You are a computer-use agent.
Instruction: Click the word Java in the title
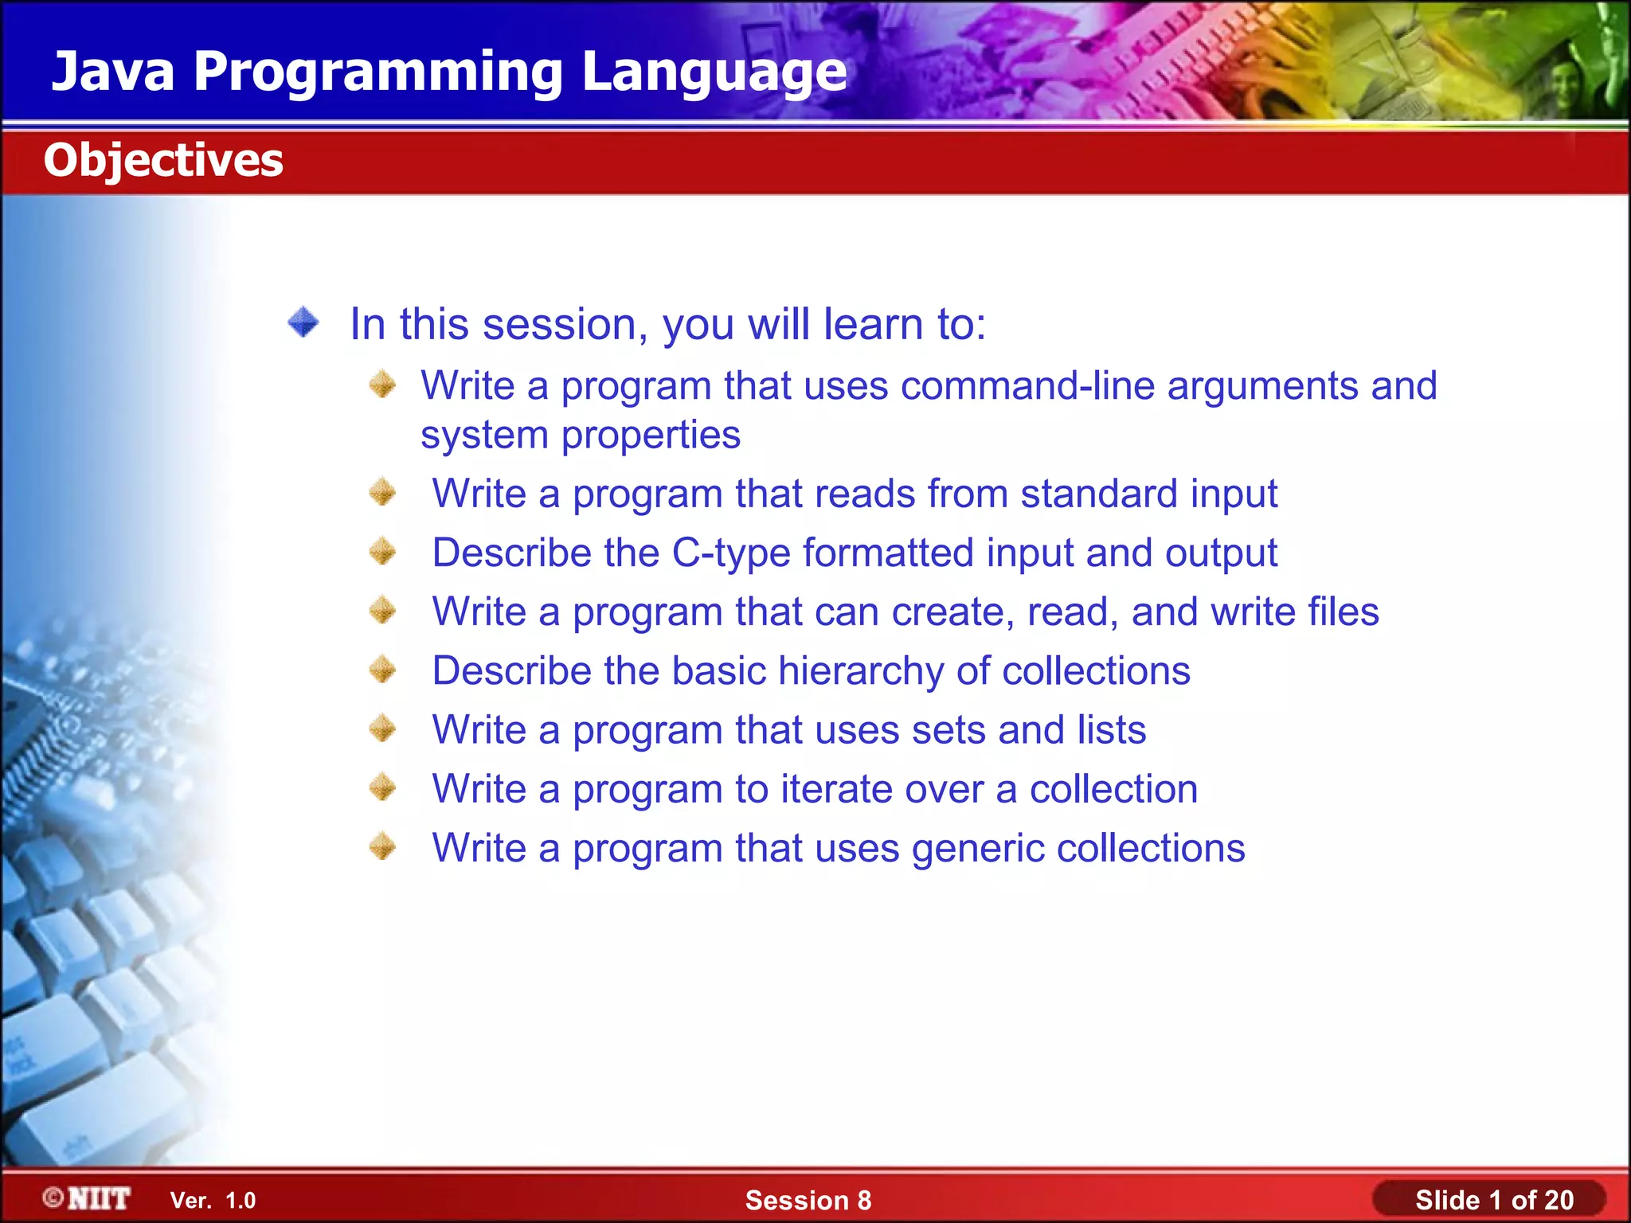coord(113,72)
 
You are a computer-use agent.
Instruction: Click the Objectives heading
coord(163,160)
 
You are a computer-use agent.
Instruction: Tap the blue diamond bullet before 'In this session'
coord(303,322)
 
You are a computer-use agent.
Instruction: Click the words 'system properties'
coord(581,436)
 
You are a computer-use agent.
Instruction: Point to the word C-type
coord(731,553)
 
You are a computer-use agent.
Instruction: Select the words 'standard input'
coord(1148,494)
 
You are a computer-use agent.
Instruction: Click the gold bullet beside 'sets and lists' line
coord(383,728)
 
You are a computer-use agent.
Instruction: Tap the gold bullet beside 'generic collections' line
coord(383,846)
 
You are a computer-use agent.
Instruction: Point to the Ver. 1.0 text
coord(213,1200)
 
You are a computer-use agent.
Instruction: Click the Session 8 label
coord(808,1200)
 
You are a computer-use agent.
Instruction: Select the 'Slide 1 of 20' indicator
coord(1493,1200)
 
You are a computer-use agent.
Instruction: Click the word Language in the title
coord(714,72)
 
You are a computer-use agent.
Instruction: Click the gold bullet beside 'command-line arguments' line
coord(383,385)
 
